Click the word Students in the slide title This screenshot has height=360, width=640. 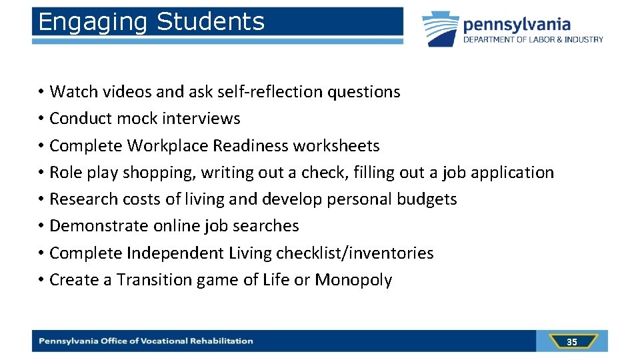[210, 21]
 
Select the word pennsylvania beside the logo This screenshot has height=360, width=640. [517, 25]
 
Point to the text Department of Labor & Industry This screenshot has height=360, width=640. [533, 40]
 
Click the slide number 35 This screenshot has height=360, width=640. [572, 342]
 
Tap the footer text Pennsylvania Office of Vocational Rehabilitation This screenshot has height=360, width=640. [146, 341]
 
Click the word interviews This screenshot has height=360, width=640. [201, 119]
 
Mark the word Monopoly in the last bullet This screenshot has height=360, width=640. [353, 280]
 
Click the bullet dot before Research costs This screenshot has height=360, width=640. [41, 199]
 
